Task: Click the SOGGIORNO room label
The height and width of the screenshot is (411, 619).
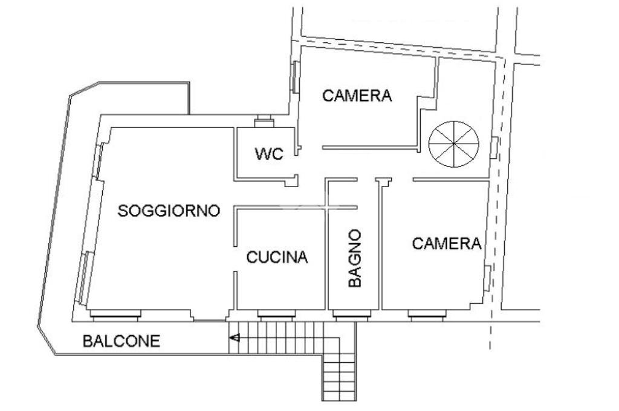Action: coord(169,211)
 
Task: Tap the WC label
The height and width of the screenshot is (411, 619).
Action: coord(269,155)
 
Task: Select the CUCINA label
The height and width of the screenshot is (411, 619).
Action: coord(277,258)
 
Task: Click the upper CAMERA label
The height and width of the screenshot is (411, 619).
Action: coord(357,95)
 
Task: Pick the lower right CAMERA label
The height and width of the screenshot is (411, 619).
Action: coord(447,244)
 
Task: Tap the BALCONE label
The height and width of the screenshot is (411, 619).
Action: coord(122,341)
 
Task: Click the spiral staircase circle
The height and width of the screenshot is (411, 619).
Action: coord(453,144)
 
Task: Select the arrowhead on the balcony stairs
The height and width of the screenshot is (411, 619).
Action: coord(235,338)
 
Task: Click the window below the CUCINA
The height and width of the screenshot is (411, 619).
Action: coord(277,313)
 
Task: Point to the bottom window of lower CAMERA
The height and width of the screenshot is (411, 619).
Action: coord(427,313)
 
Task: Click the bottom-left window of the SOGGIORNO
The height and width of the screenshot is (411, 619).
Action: coord(115,313)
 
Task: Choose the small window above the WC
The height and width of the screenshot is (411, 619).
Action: coord(264,123)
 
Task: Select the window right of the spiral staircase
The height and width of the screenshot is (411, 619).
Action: coord(494,148)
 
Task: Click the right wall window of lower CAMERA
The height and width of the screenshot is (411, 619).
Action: coord(487,279)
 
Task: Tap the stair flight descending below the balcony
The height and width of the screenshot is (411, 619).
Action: coord(337,368)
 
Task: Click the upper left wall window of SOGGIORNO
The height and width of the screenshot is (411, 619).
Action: coord(99,160)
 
